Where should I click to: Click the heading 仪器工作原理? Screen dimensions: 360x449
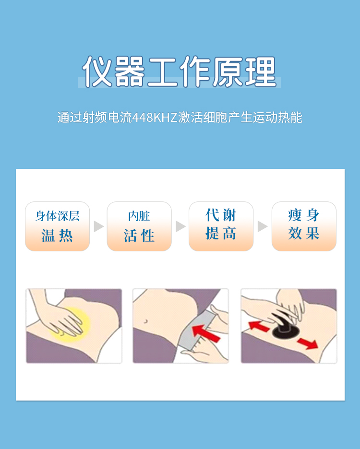coord(180,71)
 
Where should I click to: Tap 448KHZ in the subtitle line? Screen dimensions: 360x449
coord(155,118)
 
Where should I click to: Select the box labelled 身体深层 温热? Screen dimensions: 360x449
coord(57,226)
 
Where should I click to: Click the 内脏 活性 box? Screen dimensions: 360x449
coord(139,226)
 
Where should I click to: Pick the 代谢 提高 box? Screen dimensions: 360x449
coord(221,226)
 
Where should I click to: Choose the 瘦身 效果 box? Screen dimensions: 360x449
coord(304,226)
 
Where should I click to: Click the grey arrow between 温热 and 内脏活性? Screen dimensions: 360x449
coord(98,226)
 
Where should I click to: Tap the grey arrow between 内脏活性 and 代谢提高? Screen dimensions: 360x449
coord(180,226)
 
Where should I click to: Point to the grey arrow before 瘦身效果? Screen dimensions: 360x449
coord(262,226)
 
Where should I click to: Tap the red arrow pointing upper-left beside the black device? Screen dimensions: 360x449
coord(259,326)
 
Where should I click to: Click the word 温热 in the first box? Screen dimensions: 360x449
coord(57,236)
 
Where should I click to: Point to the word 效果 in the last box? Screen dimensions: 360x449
coord(304,233)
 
